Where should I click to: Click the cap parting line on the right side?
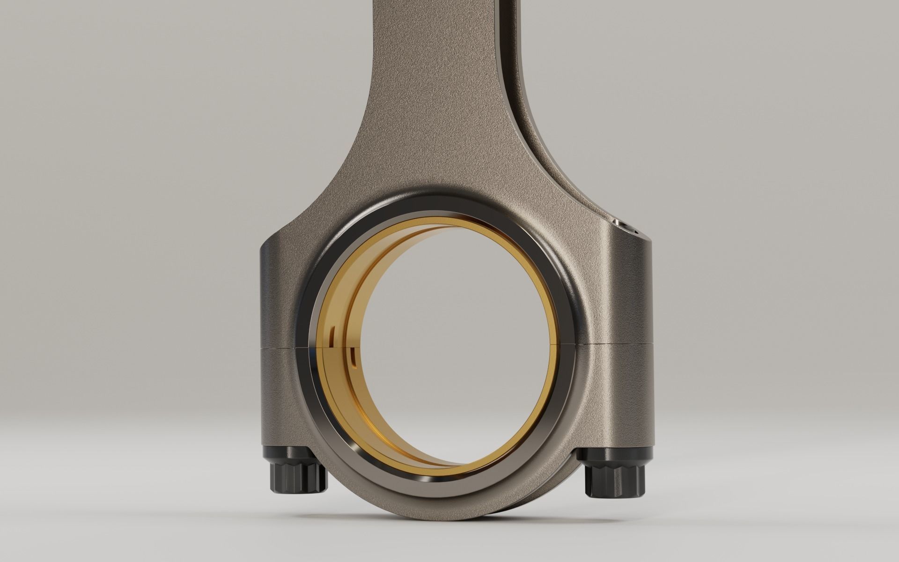coord(618,344)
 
